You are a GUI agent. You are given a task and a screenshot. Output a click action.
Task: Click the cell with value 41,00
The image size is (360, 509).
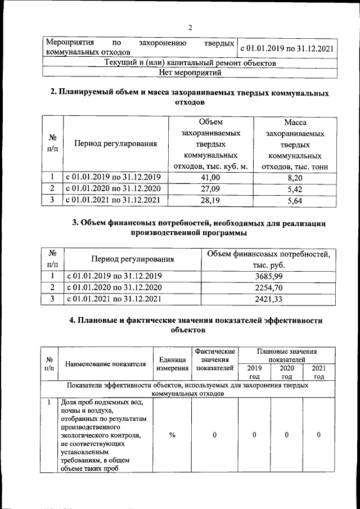[211, 177]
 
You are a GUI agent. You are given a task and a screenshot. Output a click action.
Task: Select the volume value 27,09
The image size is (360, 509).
[211, 188]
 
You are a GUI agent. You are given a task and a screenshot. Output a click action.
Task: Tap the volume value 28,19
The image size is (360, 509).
[211, 199]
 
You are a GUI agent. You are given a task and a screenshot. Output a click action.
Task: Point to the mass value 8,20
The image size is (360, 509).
[295, 177]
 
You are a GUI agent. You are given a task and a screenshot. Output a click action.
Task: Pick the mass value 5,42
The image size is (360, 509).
[295, 188]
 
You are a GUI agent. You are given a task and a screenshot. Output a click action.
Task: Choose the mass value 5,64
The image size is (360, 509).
[295, 199]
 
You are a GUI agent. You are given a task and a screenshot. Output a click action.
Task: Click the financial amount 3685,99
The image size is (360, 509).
[268, 276]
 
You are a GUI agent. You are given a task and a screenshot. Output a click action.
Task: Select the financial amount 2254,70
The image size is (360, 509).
[268, 287]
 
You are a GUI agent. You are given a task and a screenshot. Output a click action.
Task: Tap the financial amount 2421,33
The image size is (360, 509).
[268, 299]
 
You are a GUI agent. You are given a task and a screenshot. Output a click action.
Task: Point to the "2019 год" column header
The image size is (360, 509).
[254, 372]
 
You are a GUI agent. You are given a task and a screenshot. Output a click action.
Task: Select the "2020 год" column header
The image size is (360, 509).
[286, 372]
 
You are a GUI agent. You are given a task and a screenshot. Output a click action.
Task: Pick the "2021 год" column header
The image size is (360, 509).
[319, 372]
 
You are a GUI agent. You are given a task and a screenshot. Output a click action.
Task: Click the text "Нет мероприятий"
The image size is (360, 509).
[190, 73]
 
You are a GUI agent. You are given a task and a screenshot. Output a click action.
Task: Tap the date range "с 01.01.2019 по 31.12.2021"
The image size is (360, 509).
[287, 48]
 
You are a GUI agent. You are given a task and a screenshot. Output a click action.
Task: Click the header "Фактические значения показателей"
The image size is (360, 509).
[214, 359]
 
